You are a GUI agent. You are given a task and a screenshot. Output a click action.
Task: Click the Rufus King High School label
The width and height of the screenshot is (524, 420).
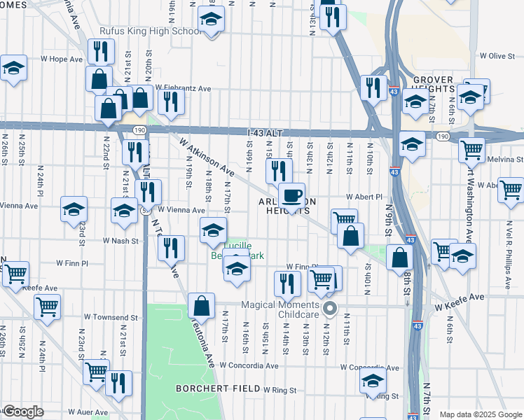pyautogui.click(x=151, y=31)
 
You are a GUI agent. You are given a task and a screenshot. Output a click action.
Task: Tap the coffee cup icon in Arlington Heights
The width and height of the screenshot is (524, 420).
pyautogui.click(x=291, y=195)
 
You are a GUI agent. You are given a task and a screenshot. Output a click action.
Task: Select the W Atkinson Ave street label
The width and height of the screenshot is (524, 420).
pyautogui.click(x=207, y=156)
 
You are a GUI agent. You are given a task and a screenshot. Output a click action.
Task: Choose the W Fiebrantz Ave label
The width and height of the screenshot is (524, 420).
pyautogui.click(x=184, y=89)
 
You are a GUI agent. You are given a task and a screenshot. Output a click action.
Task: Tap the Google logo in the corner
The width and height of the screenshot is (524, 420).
pyautogui.click(x=22, y=412)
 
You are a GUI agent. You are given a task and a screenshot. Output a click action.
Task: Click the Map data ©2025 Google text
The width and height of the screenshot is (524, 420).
pyautogui.click(x=481, y=414)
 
